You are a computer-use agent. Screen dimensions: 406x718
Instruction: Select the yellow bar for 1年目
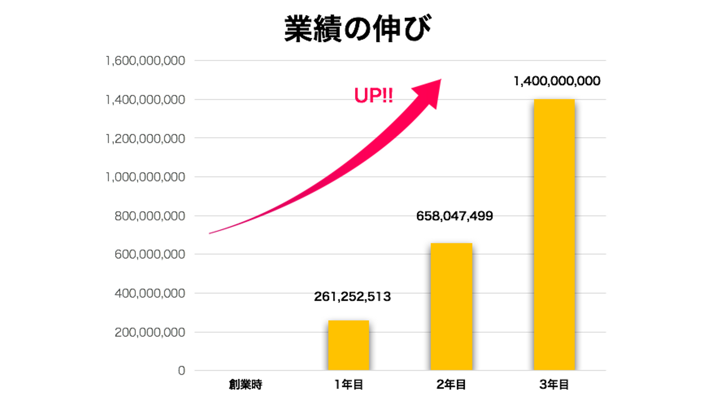(x=349, y=345)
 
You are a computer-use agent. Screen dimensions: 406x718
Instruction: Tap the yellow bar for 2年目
(x=451, y=306)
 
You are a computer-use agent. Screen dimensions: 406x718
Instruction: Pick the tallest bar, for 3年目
(x=553, y=234)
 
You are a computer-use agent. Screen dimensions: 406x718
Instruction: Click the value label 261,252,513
(x=353, y=297)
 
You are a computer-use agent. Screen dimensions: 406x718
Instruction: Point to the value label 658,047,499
(x=454, y=216)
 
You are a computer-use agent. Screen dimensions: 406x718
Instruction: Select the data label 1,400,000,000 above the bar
(x=557, y=81)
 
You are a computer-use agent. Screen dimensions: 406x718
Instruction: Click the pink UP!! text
(x=373, y=96)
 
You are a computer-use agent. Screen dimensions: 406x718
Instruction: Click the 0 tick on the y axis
(x=181, y=371)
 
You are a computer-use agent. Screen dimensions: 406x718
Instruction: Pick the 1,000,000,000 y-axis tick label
(x=146, y=177)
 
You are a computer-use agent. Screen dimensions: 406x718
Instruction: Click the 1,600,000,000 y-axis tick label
(x=146, y=61)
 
